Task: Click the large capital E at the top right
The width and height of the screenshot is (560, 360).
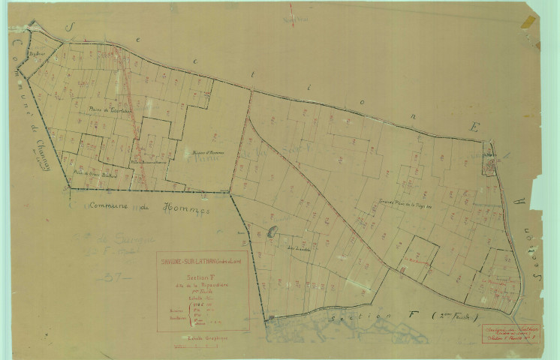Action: point(473,127)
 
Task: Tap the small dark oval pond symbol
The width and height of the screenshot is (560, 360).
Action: point(272,232)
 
